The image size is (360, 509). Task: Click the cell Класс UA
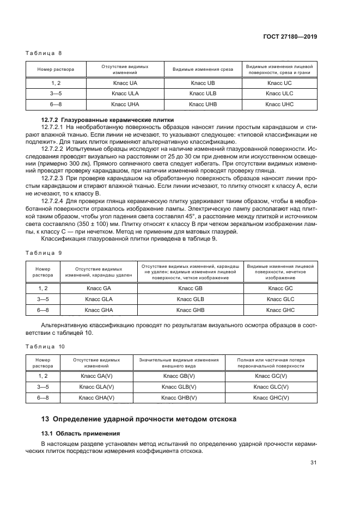tap(125, 83)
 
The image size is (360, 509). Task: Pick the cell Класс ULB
tap(202, 93)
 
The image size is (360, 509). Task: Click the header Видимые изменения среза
tap(202, 70)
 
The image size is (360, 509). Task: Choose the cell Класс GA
tap(99, 289)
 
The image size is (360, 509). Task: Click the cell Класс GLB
tap(191, 299)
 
